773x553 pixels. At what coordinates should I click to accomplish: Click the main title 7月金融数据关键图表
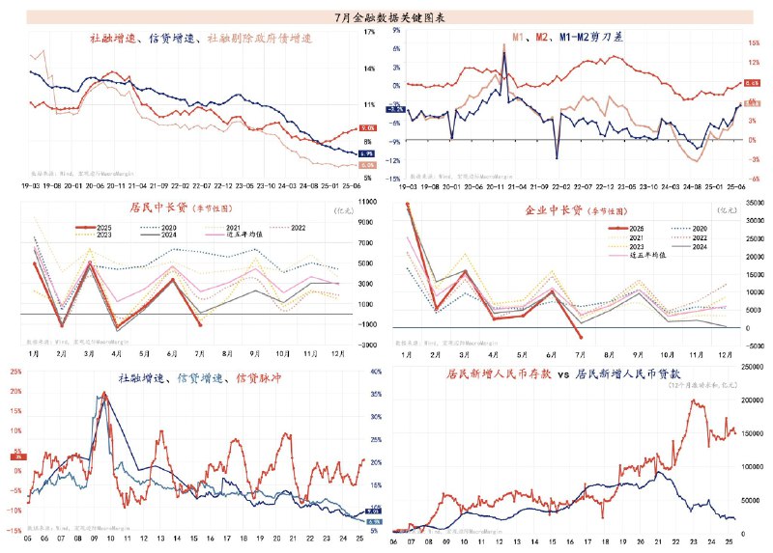(386, 17)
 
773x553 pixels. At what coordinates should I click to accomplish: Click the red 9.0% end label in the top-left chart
(367, 128)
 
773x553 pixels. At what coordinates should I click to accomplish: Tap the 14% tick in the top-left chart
(369, 69)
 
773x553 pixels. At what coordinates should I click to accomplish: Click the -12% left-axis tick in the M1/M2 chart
(396, 159)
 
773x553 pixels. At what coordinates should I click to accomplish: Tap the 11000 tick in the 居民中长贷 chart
(369, 202)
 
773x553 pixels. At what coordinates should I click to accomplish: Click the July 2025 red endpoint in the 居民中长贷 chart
(200, 325)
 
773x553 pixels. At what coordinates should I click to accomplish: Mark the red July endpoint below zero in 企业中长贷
(579, 337)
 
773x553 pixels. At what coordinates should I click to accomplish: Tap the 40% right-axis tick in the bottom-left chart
(378, 373)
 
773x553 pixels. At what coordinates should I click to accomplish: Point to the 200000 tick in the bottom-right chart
(749, 399)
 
